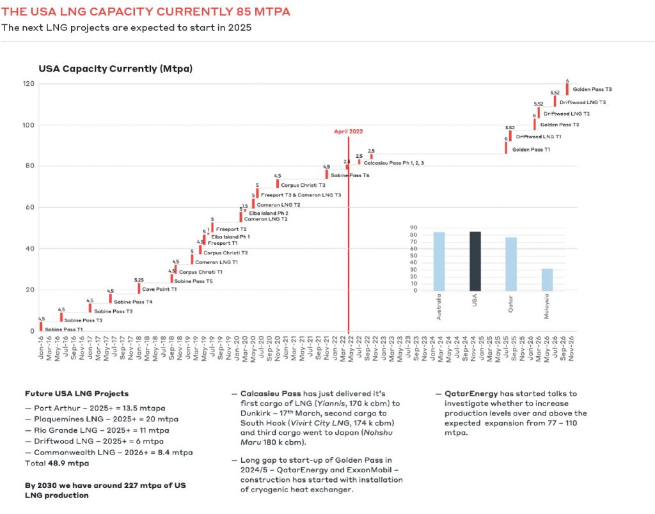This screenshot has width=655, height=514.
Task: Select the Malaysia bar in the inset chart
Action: (x=547, y=279)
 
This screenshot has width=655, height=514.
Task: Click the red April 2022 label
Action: (x=348, y=131)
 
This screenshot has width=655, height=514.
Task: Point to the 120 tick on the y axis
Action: (x=29, y=84)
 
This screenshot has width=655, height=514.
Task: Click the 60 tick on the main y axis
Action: (x=30, y=207)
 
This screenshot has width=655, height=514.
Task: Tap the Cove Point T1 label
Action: (x=159, y=290)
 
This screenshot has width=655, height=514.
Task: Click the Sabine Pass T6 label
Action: (x=351, y=175)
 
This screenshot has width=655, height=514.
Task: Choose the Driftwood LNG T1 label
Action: (x=539, y=137)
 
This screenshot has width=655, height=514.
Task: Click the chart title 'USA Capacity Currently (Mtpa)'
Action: (x=116, y=68)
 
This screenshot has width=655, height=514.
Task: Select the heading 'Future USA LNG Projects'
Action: (x=77, y=394)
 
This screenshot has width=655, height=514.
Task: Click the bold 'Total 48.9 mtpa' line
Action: (x=57, y=463)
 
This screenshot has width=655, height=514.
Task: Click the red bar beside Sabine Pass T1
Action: (x=41, y=327)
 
